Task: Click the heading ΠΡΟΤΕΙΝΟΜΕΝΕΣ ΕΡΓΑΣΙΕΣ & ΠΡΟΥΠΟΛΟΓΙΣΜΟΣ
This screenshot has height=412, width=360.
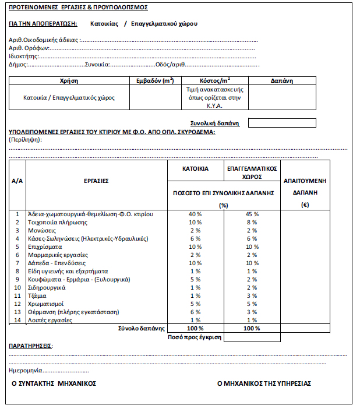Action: (x=78, y=8)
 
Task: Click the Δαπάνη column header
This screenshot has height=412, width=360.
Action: (x=282, y=80)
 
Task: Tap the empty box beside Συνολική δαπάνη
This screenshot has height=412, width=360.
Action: (x=282, y=123)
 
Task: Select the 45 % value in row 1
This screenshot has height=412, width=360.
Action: (x=252, y=214)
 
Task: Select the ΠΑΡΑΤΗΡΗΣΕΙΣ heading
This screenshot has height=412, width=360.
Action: (x=30, y=346)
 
